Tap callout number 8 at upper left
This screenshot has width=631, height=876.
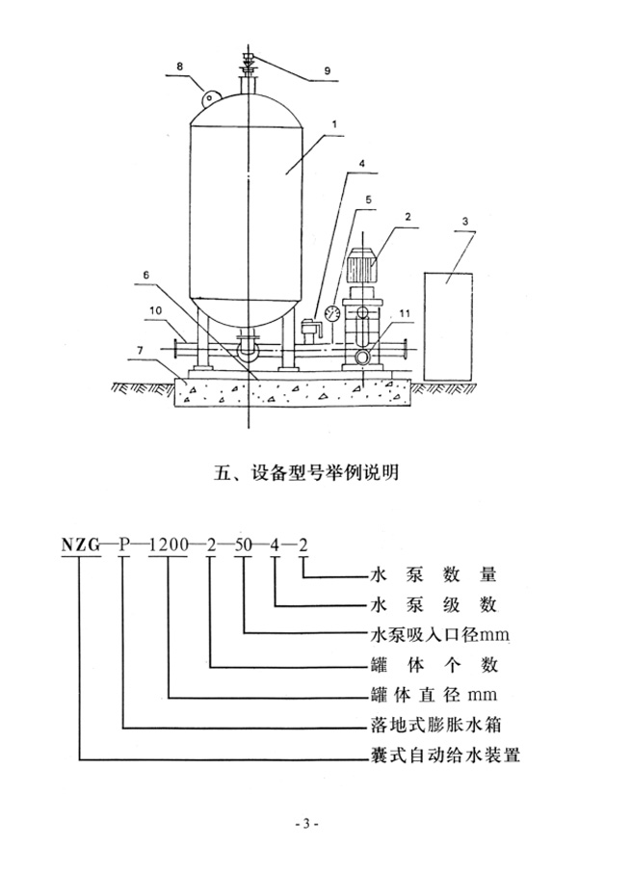pos(179,66)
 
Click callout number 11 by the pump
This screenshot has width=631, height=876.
pos(405,313)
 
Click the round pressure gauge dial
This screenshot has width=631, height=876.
pos(332,312)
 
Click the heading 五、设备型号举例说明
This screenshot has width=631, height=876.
pos(314,472)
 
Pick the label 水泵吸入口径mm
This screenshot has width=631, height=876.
pos(433,635)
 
